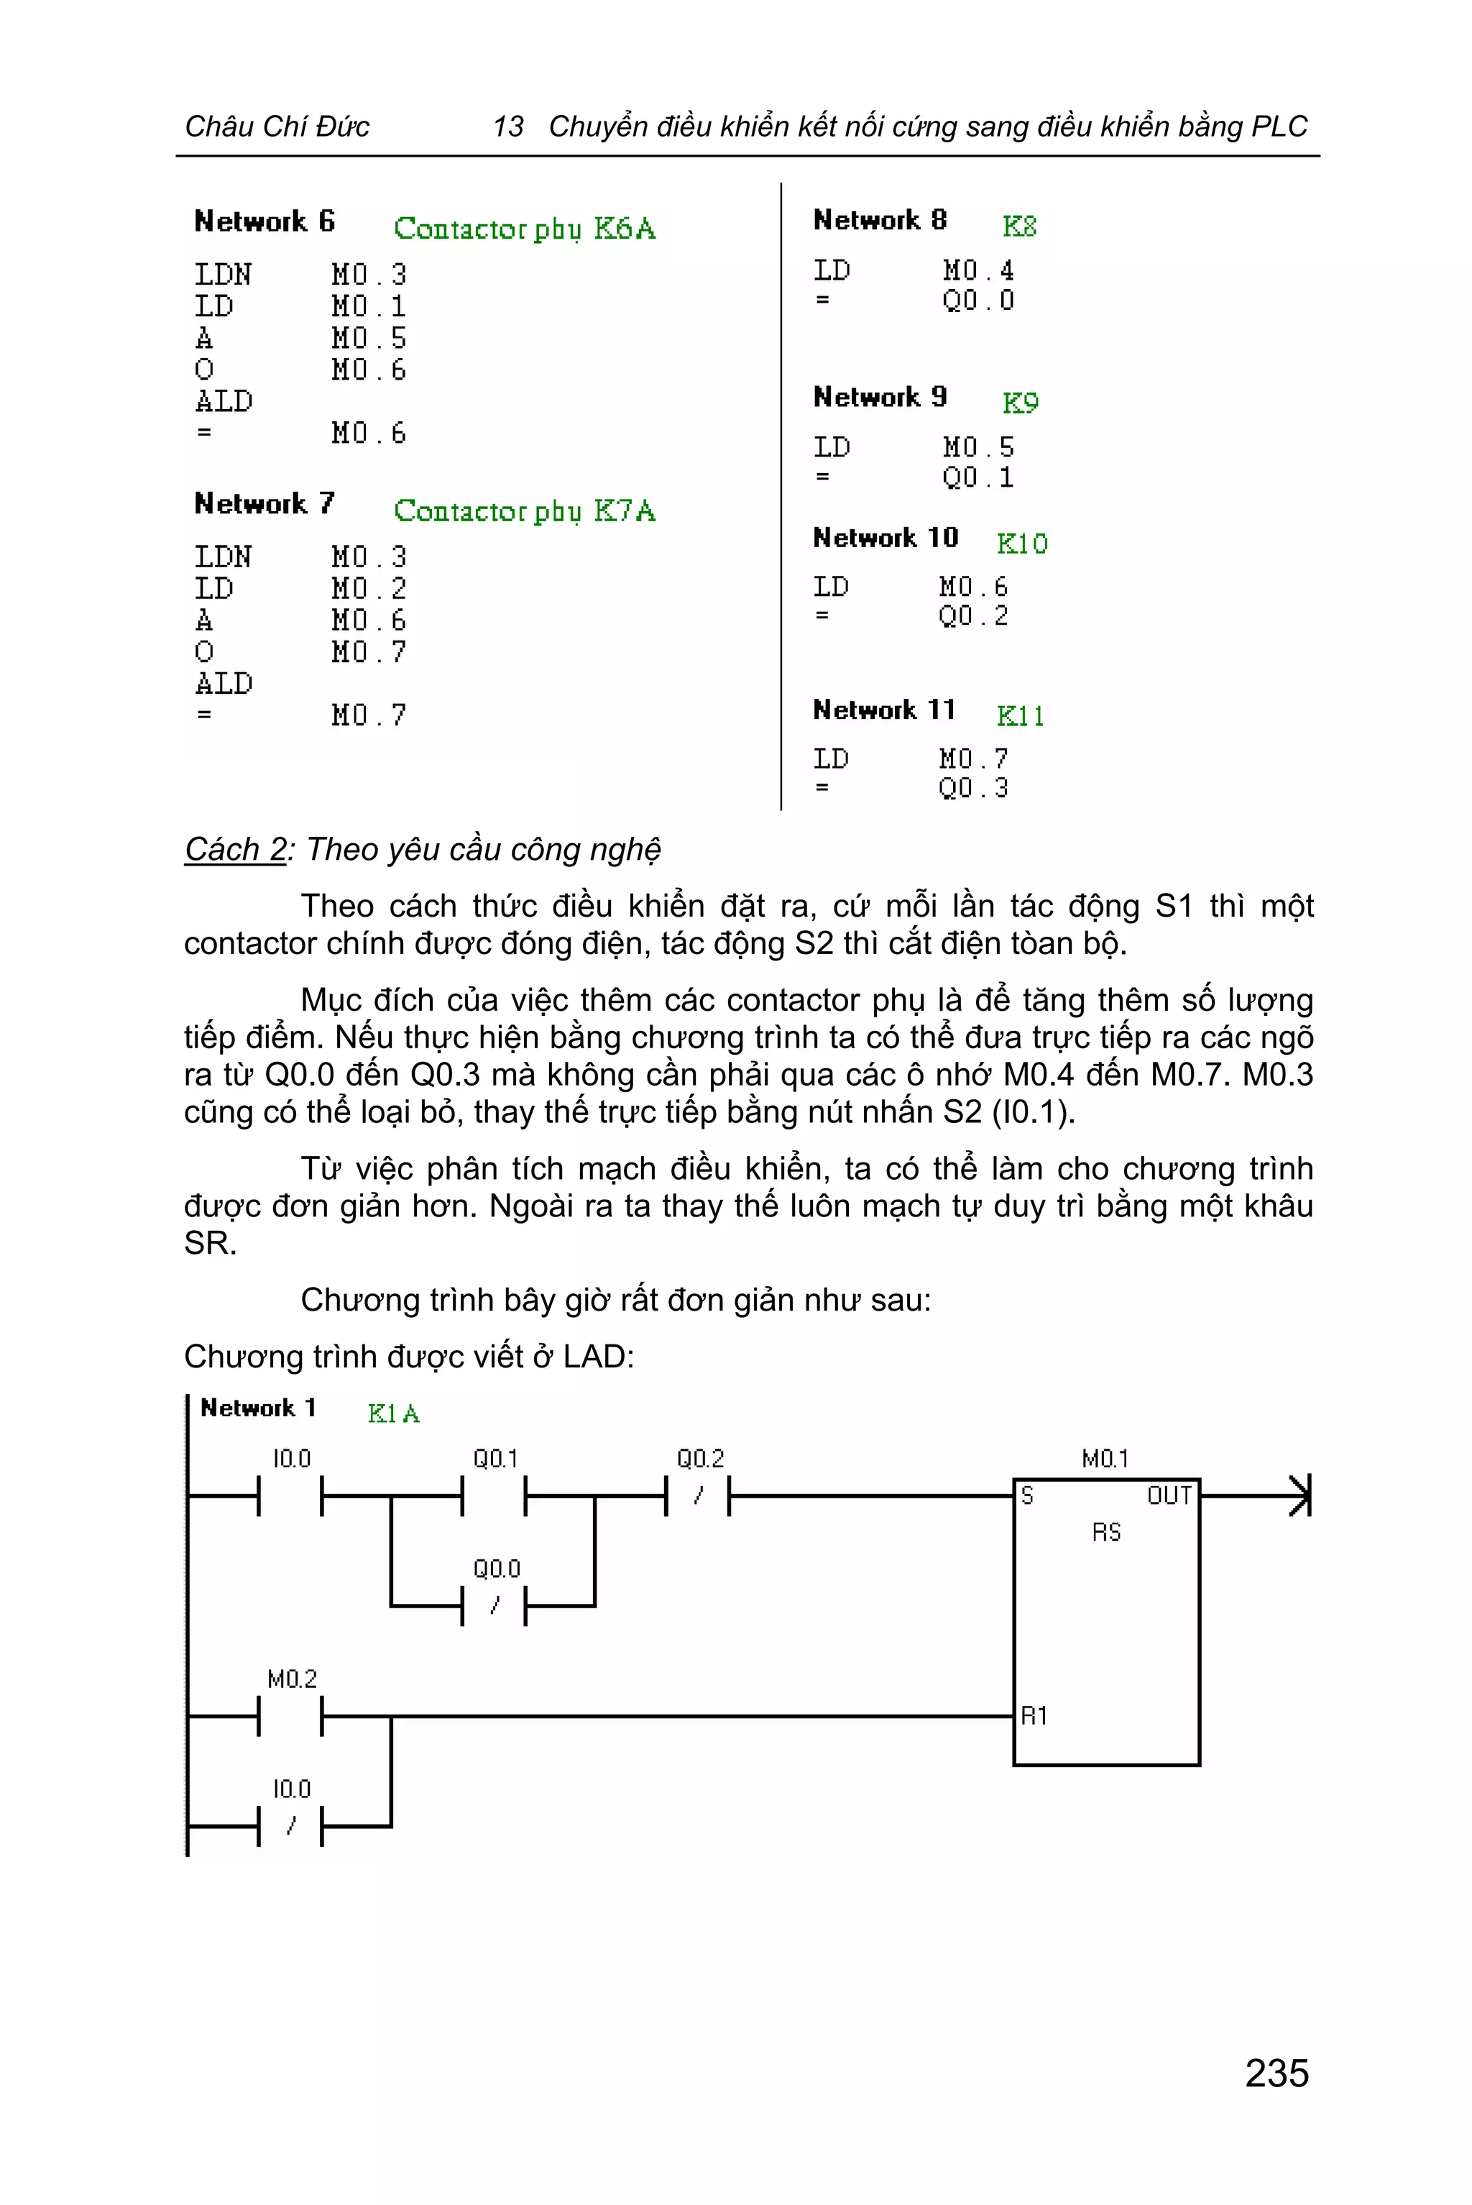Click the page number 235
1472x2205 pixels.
(1276, 2073)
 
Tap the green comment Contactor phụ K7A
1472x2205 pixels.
(524, 511)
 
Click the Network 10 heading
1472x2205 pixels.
(885, 538)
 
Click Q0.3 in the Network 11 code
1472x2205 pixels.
(972, 788)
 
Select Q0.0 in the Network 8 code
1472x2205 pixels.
(977, 301)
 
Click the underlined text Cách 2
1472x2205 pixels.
(235, 849)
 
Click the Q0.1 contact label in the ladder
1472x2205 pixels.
(494, 1459)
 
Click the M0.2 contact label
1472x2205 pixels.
(291, 1679)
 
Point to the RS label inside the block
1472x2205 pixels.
(1106, 1533)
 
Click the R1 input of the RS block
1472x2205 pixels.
(1034, 1715)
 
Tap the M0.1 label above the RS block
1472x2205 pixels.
(1105, 1459)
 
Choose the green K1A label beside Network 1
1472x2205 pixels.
(393, 1413)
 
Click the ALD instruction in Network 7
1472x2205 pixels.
(224, 684)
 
